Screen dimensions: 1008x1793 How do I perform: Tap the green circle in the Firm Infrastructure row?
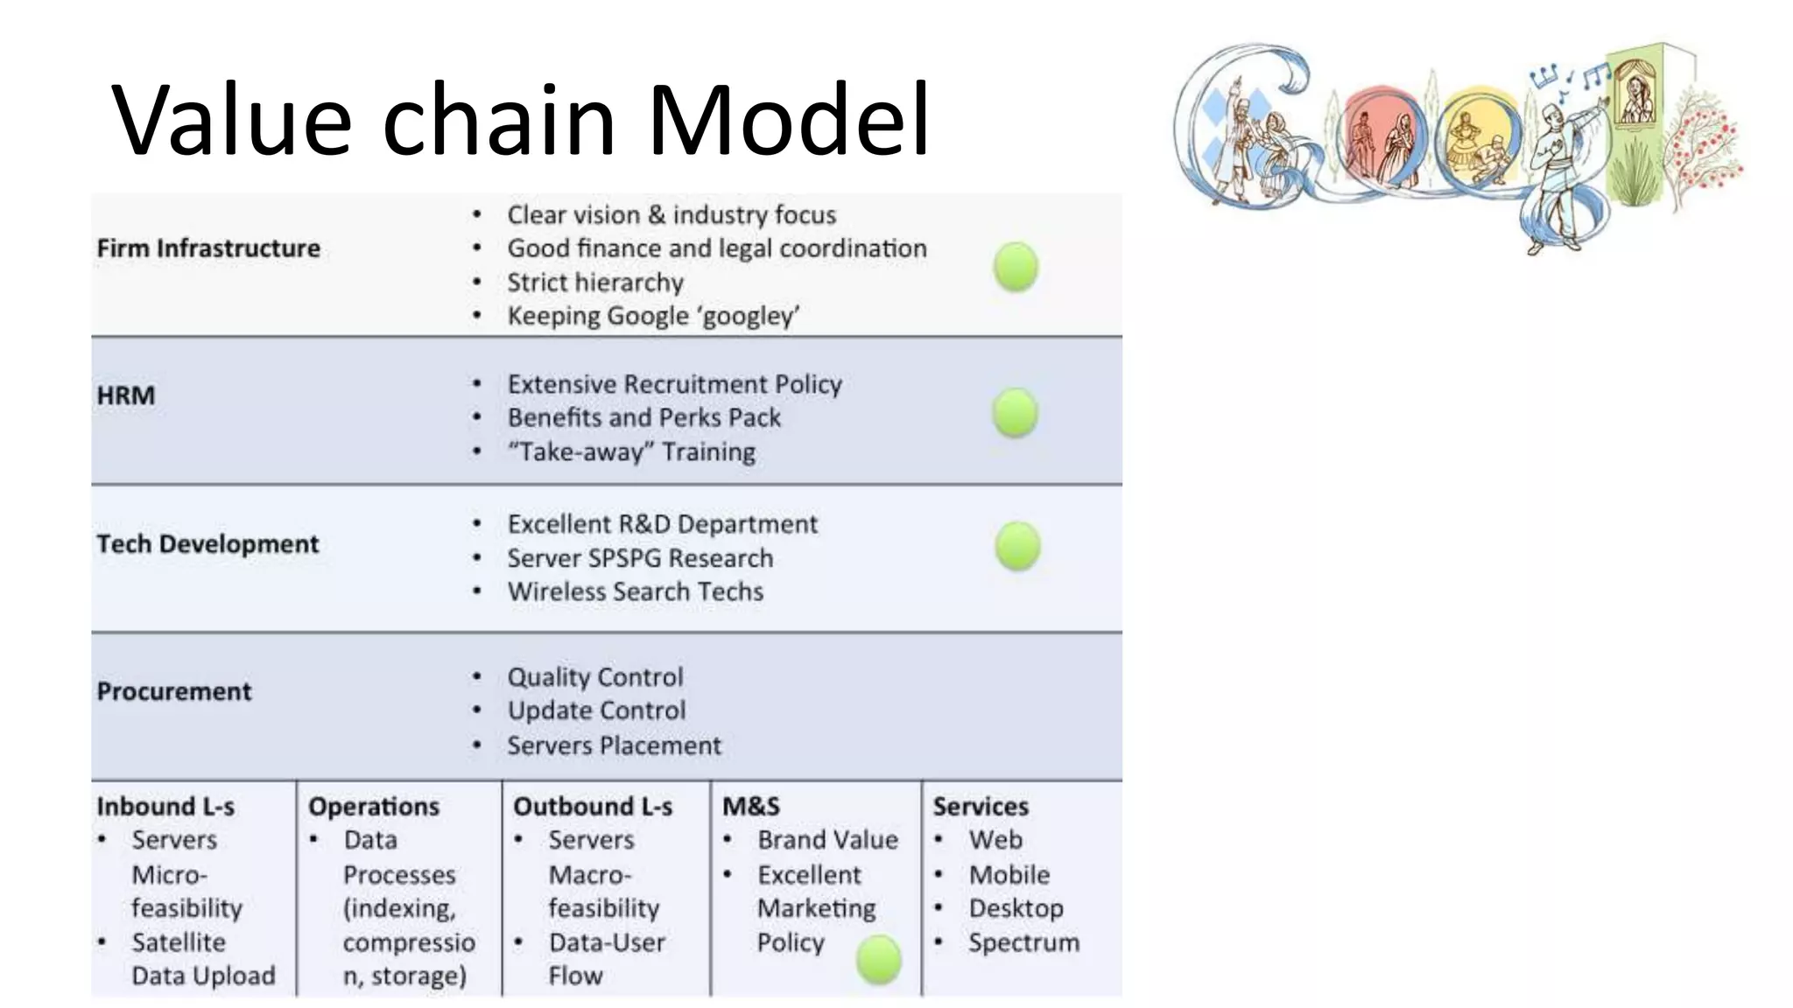pos(1016,267)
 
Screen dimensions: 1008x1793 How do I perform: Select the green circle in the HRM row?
pos(1015,413)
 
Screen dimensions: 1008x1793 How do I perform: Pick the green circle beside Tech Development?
pos(1017,547)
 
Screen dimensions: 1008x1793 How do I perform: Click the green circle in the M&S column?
pos(878,960)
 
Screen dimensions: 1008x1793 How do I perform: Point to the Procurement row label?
pos(174,691)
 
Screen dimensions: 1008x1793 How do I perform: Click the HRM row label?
pos(126,395)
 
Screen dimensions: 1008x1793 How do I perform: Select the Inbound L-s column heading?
pos(165,806)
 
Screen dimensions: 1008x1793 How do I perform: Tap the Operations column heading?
pos(374,806)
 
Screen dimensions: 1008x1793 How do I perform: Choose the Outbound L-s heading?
pos(593,806)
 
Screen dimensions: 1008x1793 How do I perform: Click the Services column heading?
pos(981,806)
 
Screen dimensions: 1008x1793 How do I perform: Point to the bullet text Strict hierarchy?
pos(595,283)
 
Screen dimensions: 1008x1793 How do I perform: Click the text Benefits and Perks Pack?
pos(644,417)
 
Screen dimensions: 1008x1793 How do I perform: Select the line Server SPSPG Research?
pos(640,558)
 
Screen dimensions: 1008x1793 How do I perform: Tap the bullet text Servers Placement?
pos(615,745)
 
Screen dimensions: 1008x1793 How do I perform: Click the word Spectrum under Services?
pos(1023,942)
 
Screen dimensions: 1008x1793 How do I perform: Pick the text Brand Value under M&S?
pos(827,840)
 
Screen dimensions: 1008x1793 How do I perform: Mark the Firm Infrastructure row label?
pos(208,248)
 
